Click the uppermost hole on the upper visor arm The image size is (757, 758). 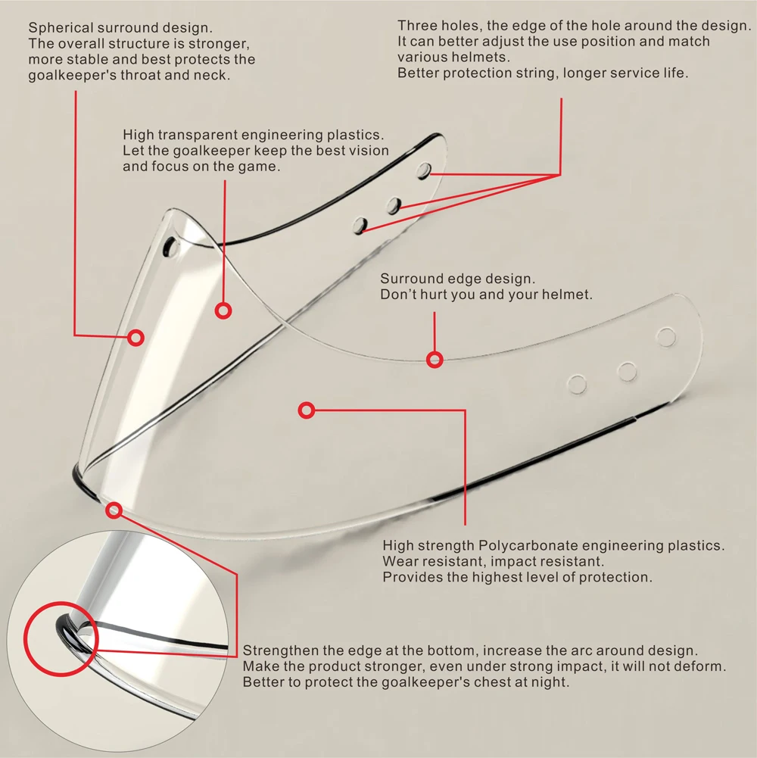(x=424, y=170)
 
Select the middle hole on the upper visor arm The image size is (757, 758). (x=393, y=204)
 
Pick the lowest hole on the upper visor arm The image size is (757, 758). (x=361, y=225)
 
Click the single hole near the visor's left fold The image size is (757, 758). (x=173, y=247)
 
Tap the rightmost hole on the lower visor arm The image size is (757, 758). (x=666, y=337)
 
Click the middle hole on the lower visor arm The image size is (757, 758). (x=627, y=372)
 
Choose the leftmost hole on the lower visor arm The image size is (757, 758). (x=578, y=385)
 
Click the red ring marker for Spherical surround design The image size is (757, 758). (x=136, y=338)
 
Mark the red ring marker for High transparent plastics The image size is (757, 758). (x=223, y=310)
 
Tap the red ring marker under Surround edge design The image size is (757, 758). (x=435, y=360)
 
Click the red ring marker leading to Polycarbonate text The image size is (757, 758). (x=307, y=410)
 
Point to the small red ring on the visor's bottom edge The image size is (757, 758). (x=114, y=510)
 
